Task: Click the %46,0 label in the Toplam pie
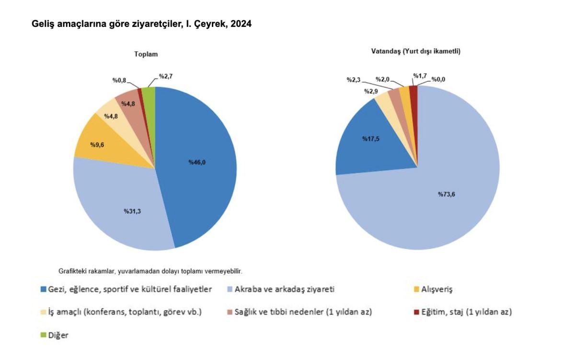coord(197,162)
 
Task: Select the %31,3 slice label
coord(132,211)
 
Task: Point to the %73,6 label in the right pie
coord(446,194)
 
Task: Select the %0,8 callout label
coord(119,80)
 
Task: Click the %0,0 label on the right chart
coord(438,80)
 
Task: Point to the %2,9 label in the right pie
coord(371,91)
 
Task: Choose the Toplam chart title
coord(146,54)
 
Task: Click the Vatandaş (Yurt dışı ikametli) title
coord(415,51)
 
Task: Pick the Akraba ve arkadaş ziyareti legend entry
coord(282,290)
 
